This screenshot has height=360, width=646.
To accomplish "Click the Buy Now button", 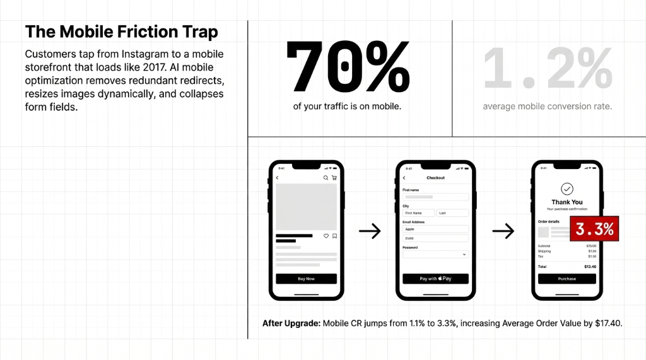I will click(x=306, y=279).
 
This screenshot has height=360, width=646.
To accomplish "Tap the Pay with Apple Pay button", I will click(x=435, y=279).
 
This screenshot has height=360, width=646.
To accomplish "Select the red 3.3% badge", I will click(x=594, y=229).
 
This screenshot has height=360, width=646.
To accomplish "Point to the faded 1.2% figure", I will click(x=548, y=68).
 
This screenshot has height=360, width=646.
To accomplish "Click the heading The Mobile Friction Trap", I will click(x=122, y=32).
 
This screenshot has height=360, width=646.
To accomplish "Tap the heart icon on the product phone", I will click(x=326, y=236).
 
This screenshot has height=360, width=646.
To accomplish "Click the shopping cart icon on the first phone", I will click(x=334, y=178).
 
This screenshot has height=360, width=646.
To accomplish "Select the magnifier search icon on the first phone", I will click(x=326, y=178).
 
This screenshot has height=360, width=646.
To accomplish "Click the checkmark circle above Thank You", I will click(x=567, y=189).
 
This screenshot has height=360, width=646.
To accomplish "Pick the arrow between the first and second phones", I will click(x=370, y=231).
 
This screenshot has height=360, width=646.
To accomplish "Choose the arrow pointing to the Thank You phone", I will click(x=503, y=231).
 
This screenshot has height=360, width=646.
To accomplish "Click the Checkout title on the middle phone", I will click(x=435, y=178).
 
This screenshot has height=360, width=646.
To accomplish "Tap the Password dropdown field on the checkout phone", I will click(x=435, y=254).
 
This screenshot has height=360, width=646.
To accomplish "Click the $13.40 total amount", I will click(x=590, y=267).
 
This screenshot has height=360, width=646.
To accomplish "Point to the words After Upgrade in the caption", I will click(x=291, y=323).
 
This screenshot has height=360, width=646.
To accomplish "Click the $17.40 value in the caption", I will click(x=608, y=323).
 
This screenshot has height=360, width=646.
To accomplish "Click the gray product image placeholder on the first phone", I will click(x=306, y=206).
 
